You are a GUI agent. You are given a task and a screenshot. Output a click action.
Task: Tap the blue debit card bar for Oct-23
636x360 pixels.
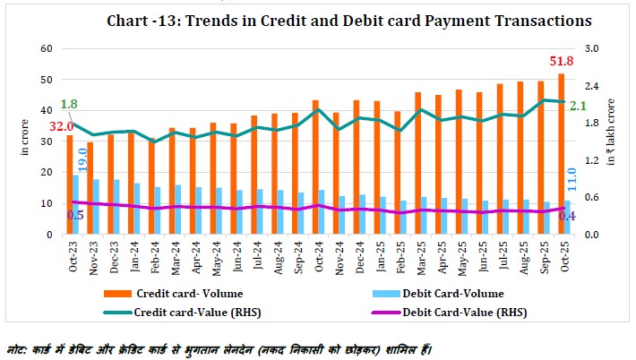coord(75,204)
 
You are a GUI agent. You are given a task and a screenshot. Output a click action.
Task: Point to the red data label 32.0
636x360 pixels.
coord(62,127)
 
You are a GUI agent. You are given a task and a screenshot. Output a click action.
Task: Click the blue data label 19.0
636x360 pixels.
coord(82,159)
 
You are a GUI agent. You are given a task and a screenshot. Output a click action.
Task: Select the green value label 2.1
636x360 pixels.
coord(578,106)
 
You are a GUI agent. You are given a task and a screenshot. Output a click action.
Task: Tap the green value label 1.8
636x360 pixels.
coord(69,105)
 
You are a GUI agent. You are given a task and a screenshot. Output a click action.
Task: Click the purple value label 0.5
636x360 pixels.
coord(76,215)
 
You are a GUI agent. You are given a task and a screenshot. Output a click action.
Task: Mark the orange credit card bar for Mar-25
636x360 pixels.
coord(418,163)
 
